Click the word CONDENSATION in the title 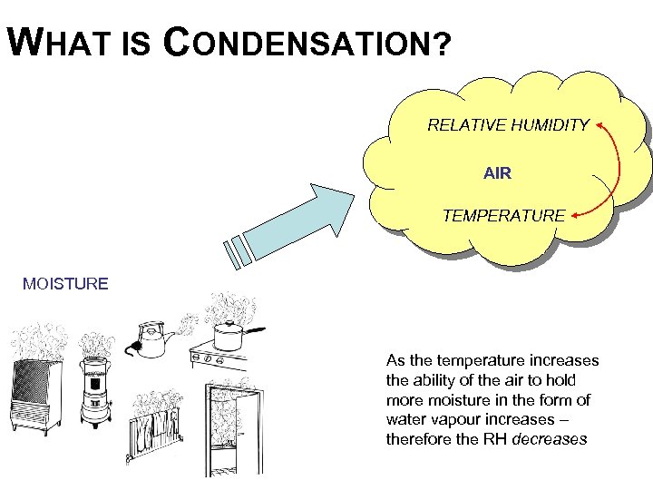307,42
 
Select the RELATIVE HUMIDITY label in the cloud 508,125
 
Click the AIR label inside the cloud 497,172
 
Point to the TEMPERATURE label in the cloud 503,216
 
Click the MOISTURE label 65,284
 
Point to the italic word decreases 550,439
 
